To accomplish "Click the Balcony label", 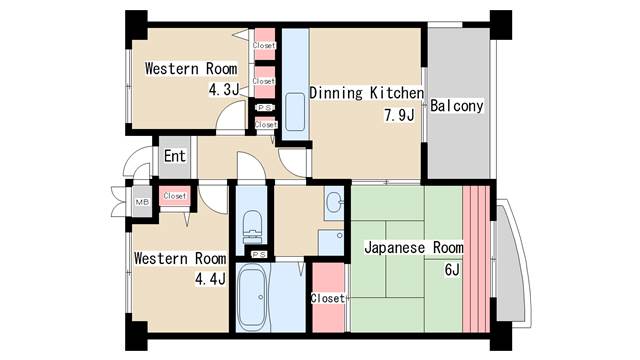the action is (457, 106).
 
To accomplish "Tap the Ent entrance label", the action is (175, 156).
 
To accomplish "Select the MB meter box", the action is (142, 202).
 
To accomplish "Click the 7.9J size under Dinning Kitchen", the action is (399, 116).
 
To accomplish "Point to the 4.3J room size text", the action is (224, 90).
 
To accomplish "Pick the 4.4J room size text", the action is (210, 280).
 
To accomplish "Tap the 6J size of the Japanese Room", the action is (452, 270).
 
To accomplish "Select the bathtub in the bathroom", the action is (252, 297).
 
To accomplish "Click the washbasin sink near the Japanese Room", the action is (335, 200).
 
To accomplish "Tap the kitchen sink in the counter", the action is (295, 112).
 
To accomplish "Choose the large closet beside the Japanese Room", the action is (329, 298).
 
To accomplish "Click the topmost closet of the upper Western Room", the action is (264, 44).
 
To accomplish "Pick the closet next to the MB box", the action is (175, 196).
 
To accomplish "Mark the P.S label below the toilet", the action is (259, 255).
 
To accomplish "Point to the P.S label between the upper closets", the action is (264, 108).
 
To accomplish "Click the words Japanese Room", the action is (414, 248).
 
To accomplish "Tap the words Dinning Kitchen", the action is (367, 93).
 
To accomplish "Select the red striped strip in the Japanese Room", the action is (476, 259).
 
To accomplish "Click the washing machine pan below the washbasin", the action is (331, 243).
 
